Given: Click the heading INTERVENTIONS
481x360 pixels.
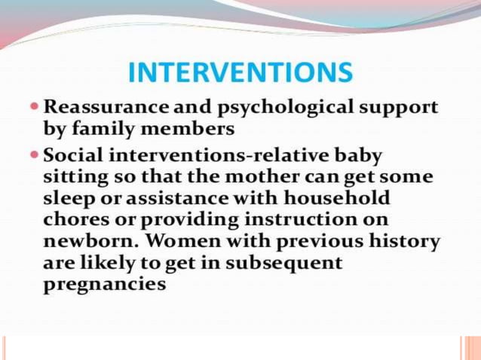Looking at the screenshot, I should pyautogui.click(x=240, y=73).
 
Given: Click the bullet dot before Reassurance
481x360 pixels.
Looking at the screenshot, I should pyautogui.click(x=37, y=107).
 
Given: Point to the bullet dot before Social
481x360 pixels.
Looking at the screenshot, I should pyautogui.click(x=37, y=156).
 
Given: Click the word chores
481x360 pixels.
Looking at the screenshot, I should pyautogui.click(x=73, y=221).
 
